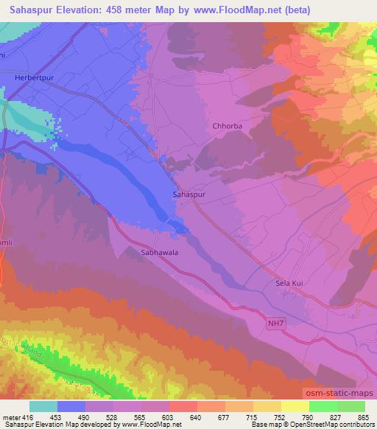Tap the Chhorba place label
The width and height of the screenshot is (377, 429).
point(228,126)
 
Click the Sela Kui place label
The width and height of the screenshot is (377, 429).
point(288,282)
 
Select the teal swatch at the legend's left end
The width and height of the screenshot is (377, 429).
point(43,405)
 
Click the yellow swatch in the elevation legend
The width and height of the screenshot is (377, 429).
point(295,405)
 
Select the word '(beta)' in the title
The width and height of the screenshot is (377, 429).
point(294,10)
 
